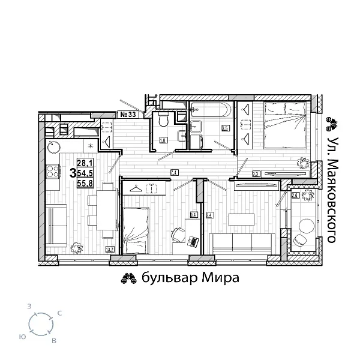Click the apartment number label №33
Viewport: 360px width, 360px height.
coord(130,114)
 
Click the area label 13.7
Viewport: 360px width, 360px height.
coord(110,250)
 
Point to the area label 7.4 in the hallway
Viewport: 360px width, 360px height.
coord(174,173)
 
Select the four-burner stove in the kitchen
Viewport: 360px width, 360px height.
coord(53,172)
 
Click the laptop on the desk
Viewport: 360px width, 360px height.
coord(193,241)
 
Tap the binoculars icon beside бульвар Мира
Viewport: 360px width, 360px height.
coord(129,278)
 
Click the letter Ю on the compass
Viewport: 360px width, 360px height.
coord(22,337)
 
